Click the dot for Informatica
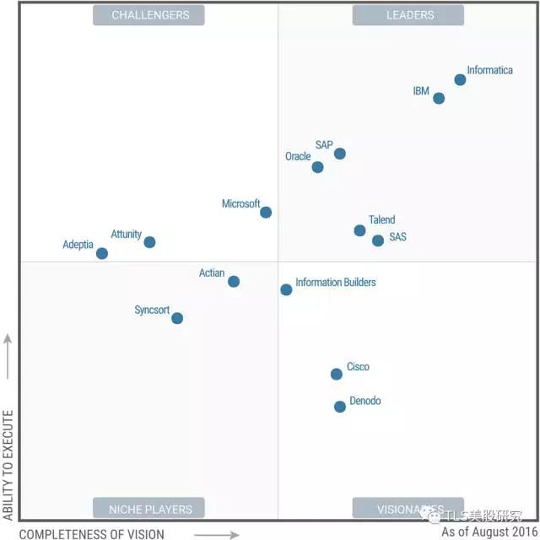coord(460,80)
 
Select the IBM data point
coord(439,99)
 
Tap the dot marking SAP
coord(340,154)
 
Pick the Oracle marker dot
coord(318,167)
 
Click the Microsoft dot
coord(266,213)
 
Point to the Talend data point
coord(359,231)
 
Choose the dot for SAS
coord(378,240)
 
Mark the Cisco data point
coord(337,374)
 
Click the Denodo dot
coord(340,407)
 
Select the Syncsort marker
coord(177,318)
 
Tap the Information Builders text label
coord(336,283)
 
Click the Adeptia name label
coord(78,246)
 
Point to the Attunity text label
coord(127,235)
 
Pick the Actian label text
coord(212,273)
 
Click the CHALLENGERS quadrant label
coord(150,15)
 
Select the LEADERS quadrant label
coord(410,15)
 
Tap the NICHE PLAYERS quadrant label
coord(150,509)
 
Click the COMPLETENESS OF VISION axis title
coord(91,533)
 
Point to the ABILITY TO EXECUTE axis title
coord(8,465)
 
